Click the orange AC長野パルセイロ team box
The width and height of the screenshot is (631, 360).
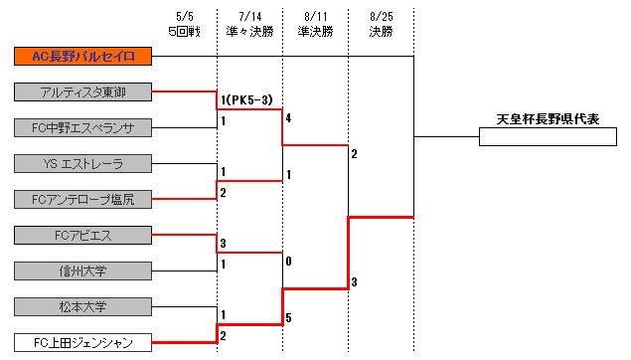pos(83,56)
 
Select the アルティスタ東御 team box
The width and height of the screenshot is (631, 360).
pos(83,91)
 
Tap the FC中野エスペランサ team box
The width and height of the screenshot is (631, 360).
pos(83,127)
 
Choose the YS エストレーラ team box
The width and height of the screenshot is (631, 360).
pos(83,163)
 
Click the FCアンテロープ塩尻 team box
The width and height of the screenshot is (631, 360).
pos(83,199)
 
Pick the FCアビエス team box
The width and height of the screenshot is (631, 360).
pos(83,235)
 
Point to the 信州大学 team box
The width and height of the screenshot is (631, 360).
pos(83,270)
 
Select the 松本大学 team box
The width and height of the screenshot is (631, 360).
pos(83,306)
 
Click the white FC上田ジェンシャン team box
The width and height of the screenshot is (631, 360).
pos(83,343)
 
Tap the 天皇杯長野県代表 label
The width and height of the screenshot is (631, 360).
pos(549,119)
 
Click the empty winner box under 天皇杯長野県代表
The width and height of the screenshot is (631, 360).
pos(548,137)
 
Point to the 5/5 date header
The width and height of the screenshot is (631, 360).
pos(185,17)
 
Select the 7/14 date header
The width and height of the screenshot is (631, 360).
pos(249,17)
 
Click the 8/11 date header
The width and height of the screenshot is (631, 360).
pos(315,17)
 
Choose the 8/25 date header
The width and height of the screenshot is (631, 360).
pos(381,17)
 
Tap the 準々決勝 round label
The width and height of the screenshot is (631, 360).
pos(249,31)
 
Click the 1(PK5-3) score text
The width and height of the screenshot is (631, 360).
pos(247,99)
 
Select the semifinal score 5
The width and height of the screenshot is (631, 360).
pos(288,318)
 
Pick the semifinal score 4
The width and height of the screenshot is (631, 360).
pos(288,118)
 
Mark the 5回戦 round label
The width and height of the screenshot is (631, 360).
pos(185,31)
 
